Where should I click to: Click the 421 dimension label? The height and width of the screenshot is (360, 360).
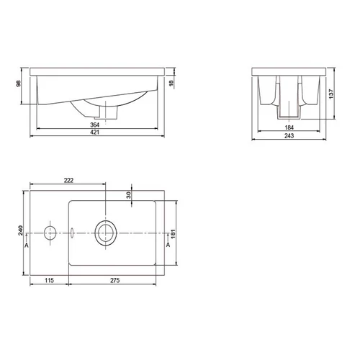94,132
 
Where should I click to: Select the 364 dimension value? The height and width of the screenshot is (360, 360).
94,125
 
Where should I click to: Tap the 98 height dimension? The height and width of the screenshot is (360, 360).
19,84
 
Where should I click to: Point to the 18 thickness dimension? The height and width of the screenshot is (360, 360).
171,84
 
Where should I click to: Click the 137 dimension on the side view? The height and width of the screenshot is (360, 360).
331,94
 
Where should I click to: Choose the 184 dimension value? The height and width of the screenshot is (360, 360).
289,127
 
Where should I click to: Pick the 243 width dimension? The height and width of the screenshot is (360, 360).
289,135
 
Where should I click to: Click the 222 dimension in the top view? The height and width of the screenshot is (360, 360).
68,180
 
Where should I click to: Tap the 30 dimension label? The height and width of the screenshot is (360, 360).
129,195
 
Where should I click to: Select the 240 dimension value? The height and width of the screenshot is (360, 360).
21,230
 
